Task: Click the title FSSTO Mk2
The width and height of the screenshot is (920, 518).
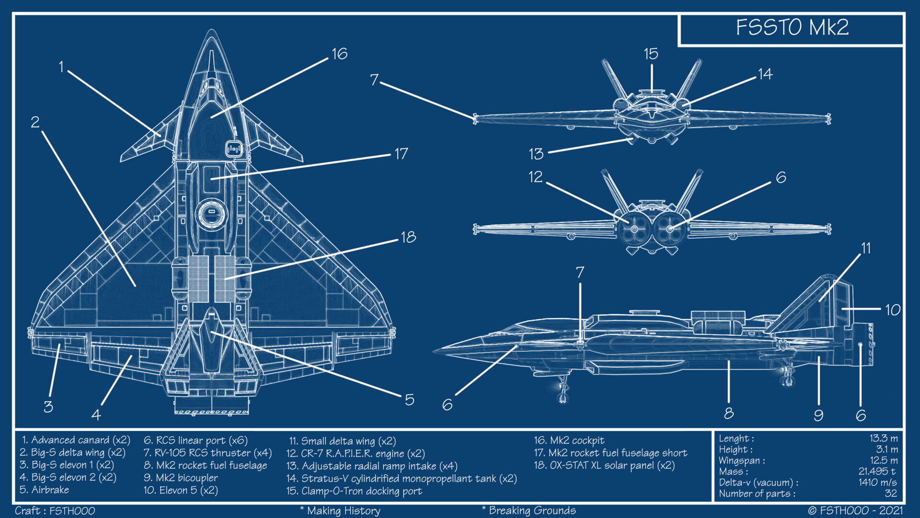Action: [792, 27]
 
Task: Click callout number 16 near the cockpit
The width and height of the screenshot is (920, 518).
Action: [339, 54]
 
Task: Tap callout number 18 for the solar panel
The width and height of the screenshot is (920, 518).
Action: [408, 237]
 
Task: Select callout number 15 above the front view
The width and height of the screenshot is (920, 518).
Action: [651, 54]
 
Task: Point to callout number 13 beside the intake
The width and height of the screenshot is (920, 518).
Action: [536, 154]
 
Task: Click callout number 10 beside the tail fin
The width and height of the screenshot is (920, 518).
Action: [892, 310]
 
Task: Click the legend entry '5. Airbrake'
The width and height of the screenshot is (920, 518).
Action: [45, 490]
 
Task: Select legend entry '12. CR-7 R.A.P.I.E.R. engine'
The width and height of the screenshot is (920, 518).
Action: [355, 453]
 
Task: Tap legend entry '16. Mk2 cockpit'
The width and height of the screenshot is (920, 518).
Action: [569, 440]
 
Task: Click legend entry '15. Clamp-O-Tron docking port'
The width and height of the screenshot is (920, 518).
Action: [354, 491]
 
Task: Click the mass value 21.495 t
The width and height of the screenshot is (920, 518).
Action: [876, 471]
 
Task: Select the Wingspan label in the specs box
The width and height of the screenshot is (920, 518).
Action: [741, 460]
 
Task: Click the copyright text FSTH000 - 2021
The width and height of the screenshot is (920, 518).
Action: [855, 510]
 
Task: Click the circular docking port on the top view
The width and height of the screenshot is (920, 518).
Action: [211, 213]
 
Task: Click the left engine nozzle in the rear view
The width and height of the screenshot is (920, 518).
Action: [634, 229]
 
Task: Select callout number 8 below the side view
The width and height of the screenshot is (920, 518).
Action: [728, 413]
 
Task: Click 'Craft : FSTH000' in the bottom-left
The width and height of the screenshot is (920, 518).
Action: [55, 510]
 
